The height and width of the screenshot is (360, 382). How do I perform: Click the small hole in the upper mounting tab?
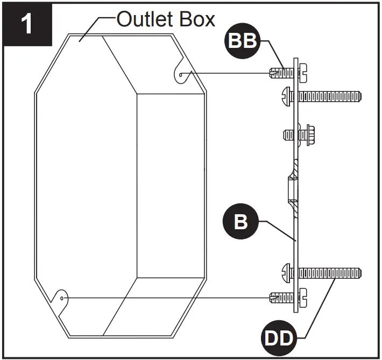point(180,75)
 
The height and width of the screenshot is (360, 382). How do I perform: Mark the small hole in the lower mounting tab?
point(63,297)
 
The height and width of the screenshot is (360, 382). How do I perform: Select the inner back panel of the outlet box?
point(171,186)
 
